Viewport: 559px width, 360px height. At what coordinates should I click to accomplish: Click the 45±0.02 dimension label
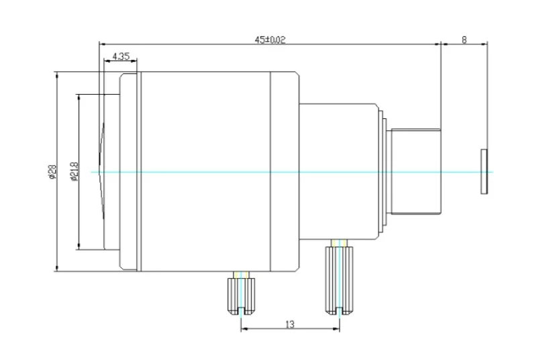click(270, 39)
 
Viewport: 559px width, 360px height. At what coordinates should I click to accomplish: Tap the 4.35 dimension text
click(121, 56)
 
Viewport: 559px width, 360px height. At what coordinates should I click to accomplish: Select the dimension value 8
click(464, 40)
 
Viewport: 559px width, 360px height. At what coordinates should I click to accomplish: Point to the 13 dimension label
click(290, 324)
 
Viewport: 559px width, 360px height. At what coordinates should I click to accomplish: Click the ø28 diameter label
click(52, 172)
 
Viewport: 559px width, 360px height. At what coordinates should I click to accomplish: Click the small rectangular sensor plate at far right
click(484, 172)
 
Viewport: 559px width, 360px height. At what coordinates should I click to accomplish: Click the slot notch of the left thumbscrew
click(242, 311)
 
